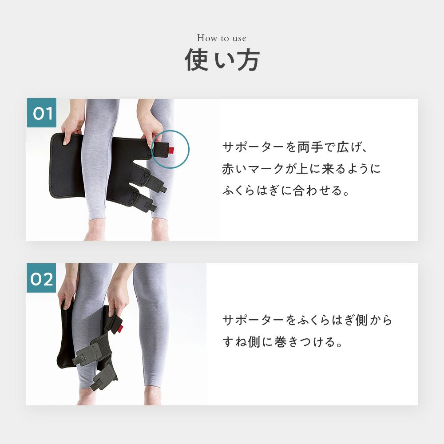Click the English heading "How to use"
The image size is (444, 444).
[222, 38]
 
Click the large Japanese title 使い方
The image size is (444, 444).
[222, 60]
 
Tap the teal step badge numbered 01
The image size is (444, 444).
[42, 113]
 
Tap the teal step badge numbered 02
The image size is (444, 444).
[42, 278]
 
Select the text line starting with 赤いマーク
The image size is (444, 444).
[301, 169]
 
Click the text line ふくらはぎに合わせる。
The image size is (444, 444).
[285, 190]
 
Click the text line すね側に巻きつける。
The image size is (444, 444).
[282, 342]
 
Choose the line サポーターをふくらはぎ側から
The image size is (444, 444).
[307, 320]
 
